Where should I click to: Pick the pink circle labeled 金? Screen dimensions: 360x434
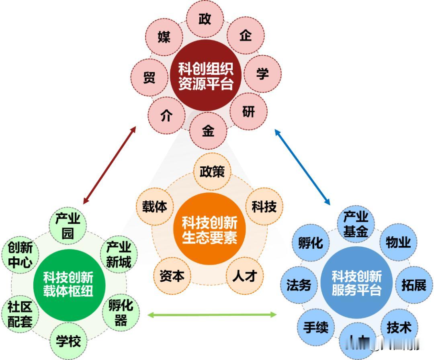208,131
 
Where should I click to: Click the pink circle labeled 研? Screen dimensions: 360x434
248,111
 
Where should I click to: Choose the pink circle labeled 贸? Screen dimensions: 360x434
149,77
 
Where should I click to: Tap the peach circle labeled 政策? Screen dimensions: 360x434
212,172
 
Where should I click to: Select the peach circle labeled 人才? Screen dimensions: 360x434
245,276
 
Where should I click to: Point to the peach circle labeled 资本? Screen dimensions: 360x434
172,276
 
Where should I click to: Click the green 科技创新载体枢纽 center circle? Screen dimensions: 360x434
69,284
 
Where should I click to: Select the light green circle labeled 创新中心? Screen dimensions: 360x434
20,255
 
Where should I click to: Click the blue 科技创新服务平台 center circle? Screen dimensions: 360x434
356,283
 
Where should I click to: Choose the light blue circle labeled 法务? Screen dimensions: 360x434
299,284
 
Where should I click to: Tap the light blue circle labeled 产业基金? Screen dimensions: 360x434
356,224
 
